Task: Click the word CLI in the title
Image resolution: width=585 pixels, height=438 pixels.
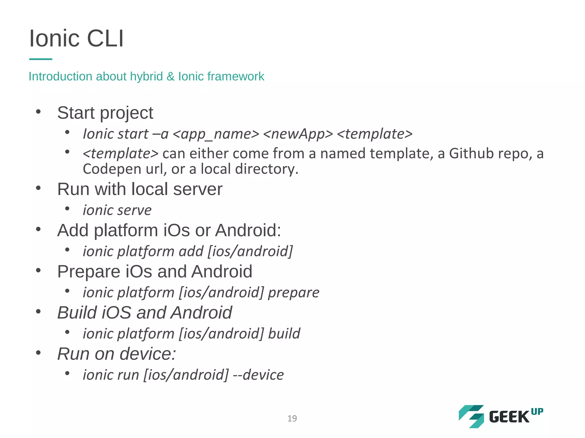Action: click(x=105, y=38)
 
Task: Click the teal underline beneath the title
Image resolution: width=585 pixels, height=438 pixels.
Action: click(x=41, y=59)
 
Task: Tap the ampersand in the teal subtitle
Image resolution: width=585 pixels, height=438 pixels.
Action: click(x=170, y=76)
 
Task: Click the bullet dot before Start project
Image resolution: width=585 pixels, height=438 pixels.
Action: click(x=39, y=112)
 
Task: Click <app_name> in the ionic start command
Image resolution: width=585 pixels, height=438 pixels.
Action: click(x=216, y=134)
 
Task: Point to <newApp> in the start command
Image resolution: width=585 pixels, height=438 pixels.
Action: click(x=298, y=134)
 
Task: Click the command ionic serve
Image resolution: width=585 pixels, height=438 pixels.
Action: click(x=117, y=210)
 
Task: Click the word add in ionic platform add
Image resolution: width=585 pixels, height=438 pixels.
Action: click(x=191, y=252)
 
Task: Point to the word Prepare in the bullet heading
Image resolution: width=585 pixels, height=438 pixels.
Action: click(x=89, y=271)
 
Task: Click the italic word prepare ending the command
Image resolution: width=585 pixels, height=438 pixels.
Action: click(x=294, y=293)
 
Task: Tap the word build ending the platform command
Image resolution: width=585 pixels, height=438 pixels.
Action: click(x=284, y=334)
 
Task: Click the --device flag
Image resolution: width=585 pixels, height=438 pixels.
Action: click(x=258, y=375)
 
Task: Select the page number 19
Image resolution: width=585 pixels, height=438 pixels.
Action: click(x=292, y=418)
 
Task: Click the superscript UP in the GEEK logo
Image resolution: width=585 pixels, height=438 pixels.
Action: click(x=537, y=412)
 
